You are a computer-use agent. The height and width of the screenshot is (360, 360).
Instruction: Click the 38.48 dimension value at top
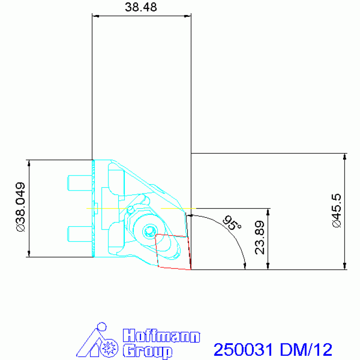point(141,8)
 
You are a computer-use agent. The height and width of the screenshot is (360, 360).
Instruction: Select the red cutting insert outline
point(174,252)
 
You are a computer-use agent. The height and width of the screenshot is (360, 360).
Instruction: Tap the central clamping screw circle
point(150,230)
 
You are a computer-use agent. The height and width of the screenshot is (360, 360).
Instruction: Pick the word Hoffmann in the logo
point(161,336)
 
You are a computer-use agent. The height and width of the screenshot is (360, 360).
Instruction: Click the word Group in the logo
point(146,351)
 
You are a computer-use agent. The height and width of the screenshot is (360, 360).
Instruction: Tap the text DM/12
point(306,350)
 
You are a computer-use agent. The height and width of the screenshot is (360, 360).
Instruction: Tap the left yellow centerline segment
point(108,208)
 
